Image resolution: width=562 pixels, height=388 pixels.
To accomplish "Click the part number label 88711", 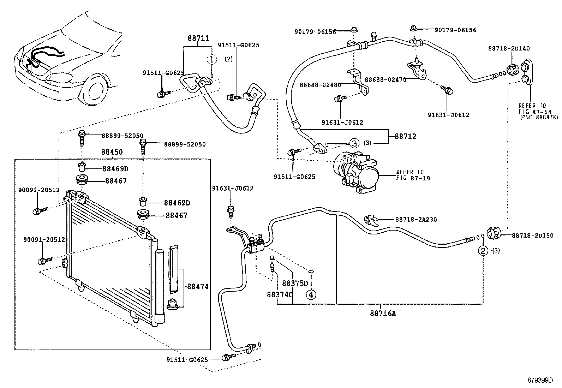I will click(x=198, y=38).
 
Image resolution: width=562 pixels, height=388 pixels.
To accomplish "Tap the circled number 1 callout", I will click(x=211, y=59).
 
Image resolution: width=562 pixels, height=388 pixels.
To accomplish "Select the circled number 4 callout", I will click(x=311, y=294).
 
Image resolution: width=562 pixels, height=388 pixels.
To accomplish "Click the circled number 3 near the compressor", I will click(x=354, y=143).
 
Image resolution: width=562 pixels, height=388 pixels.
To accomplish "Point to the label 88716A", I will click(x=383, y=313).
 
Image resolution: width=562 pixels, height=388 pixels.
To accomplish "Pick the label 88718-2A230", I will click(x=416, y=219).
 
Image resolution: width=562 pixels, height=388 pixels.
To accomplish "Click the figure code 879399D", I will click(x=540, y=380).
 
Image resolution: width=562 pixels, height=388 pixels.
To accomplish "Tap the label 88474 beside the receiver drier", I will click(x=198, y=287).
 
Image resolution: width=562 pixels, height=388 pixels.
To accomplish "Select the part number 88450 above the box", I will click(x=112, y=152).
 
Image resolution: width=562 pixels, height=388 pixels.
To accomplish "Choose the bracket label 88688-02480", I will click(x=320, y=85).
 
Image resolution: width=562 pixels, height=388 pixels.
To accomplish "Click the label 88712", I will click(x=405, y=136).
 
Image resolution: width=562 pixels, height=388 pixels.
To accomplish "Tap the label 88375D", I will click(x=295, y=283).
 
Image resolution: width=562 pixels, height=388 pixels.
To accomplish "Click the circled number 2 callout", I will click(x=483, y=251).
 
